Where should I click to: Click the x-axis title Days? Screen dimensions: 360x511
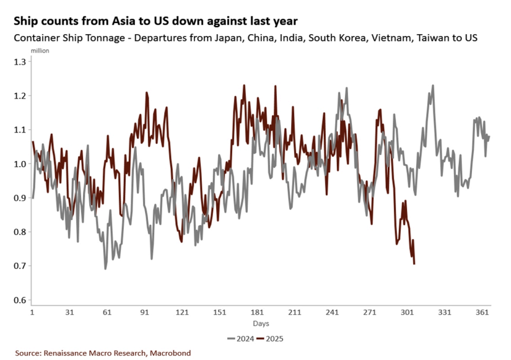[x=260, y=323]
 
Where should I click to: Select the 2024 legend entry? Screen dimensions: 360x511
[x=240, y=338]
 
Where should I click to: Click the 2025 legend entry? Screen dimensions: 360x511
[x=272, y=338]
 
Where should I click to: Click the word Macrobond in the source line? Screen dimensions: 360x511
[x=170, y=353]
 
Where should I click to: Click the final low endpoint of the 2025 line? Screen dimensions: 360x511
[x=414, y=264]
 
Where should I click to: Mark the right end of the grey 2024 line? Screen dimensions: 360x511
[x=489, y=136]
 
